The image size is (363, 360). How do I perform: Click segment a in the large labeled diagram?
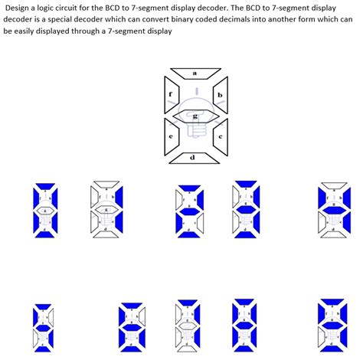(x=195, y=73)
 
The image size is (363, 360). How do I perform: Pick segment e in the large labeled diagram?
(x=170, y=136)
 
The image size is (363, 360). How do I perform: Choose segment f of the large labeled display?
(x=170, y=96)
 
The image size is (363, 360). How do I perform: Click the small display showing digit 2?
(x=185, y=208)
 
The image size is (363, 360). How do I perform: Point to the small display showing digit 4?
(x=332, y=207)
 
